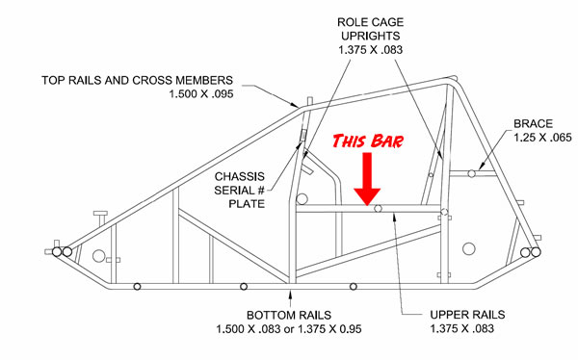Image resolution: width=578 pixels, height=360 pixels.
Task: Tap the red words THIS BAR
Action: point(368,141)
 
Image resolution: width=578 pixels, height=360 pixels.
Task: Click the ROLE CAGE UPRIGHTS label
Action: point(371,29)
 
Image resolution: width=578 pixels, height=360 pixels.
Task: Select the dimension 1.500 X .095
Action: point(201,93)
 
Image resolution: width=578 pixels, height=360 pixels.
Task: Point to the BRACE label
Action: point(533,123)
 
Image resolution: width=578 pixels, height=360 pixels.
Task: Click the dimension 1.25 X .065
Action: point(542,138)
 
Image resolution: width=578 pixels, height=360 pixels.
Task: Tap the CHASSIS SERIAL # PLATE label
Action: point(240,191)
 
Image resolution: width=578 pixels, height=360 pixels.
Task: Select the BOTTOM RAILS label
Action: point(289,315)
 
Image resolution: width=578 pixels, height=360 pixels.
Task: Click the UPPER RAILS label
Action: point(467,315)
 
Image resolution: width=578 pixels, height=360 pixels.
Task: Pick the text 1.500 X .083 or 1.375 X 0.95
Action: point(289,328)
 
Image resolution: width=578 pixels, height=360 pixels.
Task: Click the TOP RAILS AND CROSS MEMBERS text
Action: point(137,80)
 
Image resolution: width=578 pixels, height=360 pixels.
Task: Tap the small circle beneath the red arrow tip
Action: point(378,209)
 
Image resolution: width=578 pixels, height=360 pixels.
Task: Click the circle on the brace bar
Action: point(471,173)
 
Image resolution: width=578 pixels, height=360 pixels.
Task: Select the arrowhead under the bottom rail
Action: point(290,295)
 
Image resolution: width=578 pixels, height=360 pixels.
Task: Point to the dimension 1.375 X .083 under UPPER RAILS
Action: point(461,328)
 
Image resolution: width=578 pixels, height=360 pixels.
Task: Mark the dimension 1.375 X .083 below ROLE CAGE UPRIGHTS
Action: point(371,49)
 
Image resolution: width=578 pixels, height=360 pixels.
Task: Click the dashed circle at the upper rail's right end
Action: point(444,212)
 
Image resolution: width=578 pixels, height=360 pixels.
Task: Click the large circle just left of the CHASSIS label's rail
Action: point(302,199)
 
